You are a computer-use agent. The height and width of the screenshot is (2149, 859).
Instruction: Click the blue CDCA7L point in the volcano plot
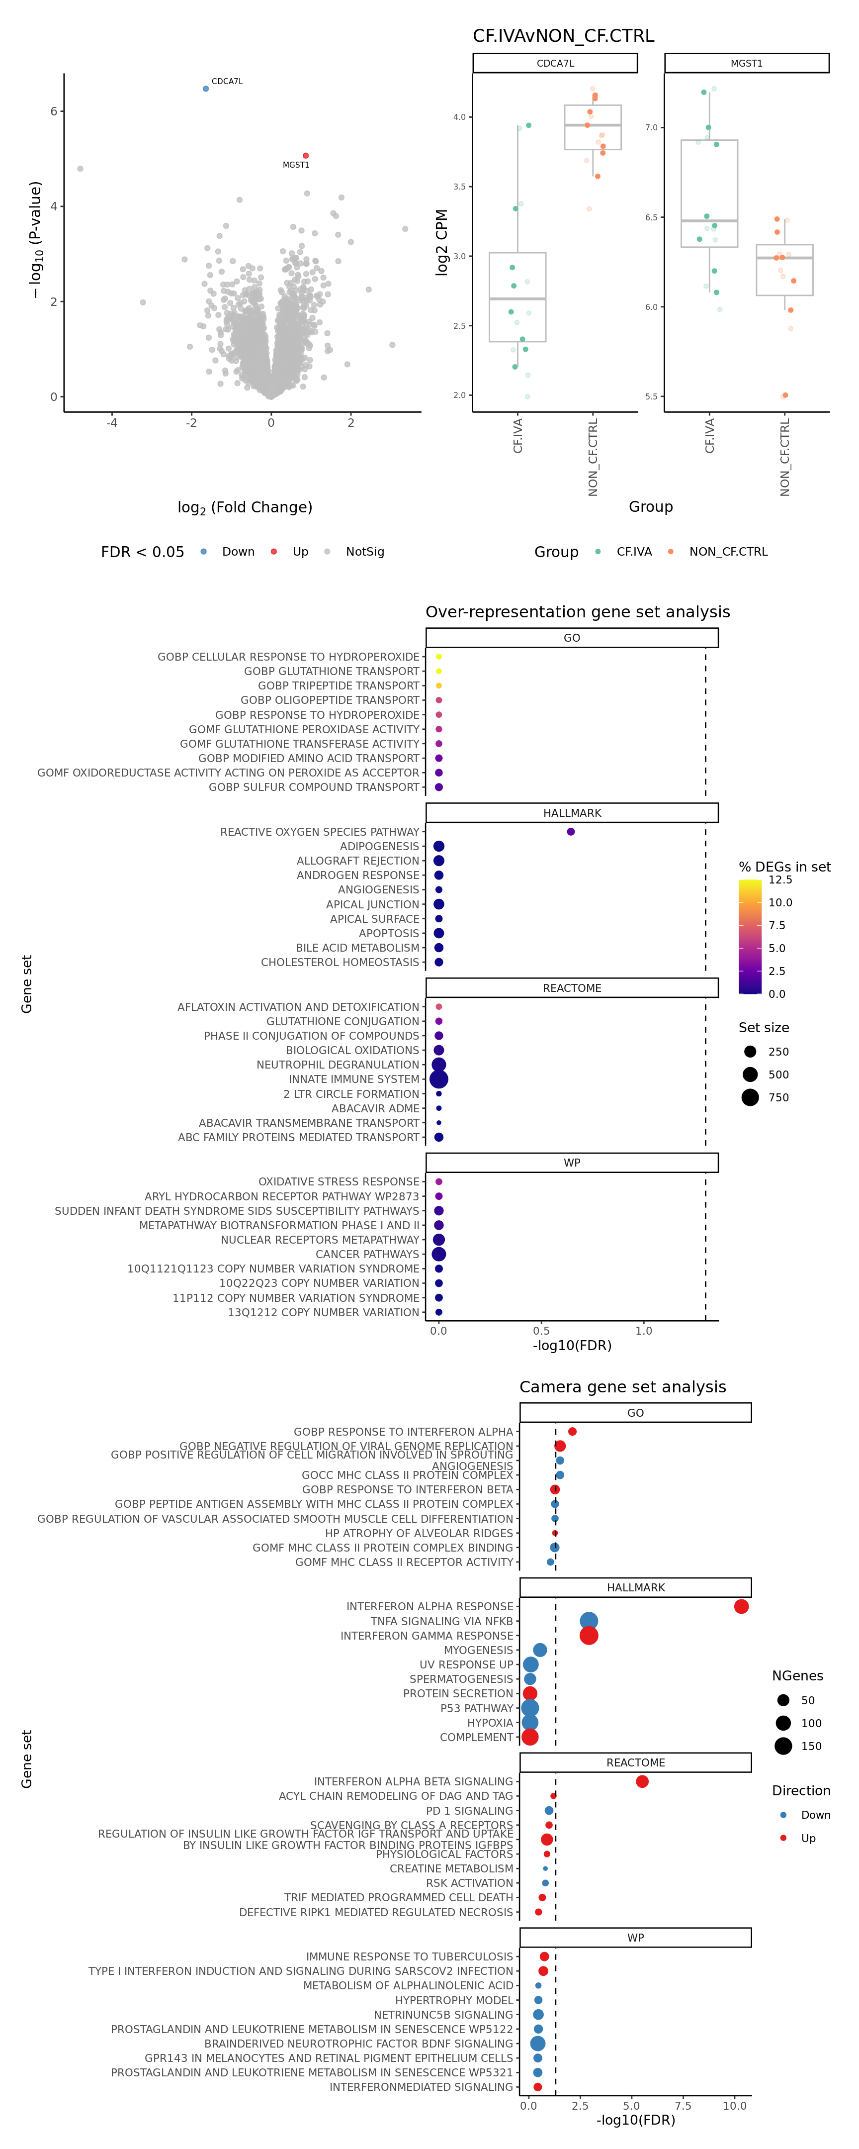pyautogui.click(x=206, y=89)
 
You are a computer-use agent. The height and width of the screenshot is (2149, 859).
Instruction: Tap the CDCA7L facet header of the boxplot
pyautogui.click(x=555, y=63)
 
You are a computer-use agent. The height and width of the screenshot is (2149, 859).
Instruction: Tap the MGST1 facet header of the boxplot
pyautogui.click(x=747, y=63)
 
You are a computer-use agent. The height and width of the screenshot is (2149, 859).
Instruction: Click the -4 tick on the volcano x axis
pyautogui.click(x=112, y=423)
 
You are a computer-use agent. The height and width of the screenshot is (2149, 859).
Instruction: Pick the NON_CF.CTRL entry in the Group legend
pyautogui.click(x=728, y=552)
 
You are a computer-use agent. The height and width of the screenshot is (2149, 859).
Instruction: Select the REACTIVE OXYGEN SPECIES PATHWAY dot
pyautogui.click(x=571, y=832)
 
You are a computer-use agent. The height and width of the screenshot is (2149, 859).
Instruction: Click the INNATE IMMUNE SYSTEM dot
pyautogui.click(x=438, y=1079)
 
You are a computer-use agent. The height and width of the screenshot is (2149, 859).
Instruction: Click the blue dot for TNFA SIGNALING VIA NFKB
pyautogui.click(x=589, y=1621)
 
